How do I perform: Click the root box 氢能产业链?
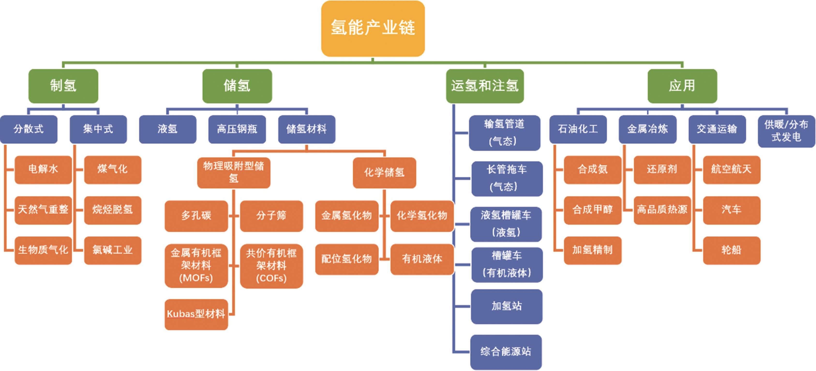[373, 28]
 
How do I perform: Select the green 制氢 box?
[63, 86]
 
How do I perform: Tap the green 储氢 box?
[237, 86]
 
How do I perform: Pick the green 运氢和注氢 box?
[485, 86]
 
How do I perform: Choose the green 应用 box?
[682, 86]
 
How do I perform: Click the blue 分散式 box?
[29, 129]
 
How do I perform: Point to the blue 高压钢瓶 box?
[237, 129]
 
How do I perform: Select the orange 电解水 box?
[43, 169]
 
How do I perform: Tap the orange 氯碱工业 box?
[112, 250]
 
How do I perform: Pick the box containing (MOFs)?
[196, 266]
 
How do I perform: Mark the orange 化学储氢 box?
[384, 172]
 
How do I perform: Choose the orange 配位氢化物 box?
[346, 259]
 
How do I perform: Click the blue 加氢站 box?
[507, 306]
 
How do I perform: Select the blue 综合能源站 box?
[506, 352]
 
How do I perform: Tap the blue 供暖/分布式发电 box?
[786, 131]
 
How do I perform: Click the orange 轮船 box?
[731, 250]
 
